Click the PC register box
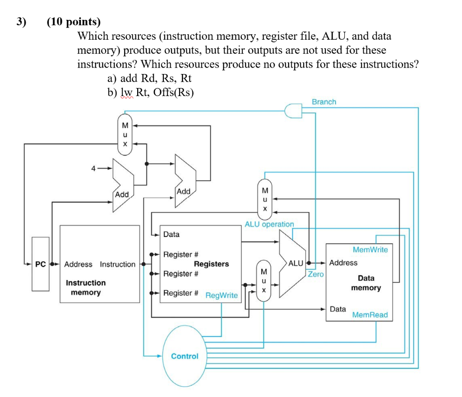[40, 264]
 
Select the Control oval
[185, 356]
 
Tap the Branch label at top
[324, 102]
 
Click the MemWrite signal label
[370, 249]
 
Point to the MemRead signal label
[370, 314]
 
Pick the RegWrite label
[222, 295]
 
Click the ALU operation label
[269, 224]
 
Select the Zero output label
[316, 274]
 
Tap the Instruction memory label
[86, 288]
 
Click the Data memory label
[366, 283]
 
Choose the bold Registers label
[211, 264]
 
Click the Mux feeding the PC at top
[125, 134]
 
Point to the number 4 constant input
[93, 168]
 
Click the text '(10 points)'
[74, 22]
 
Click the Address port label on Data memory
[343, 263]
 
